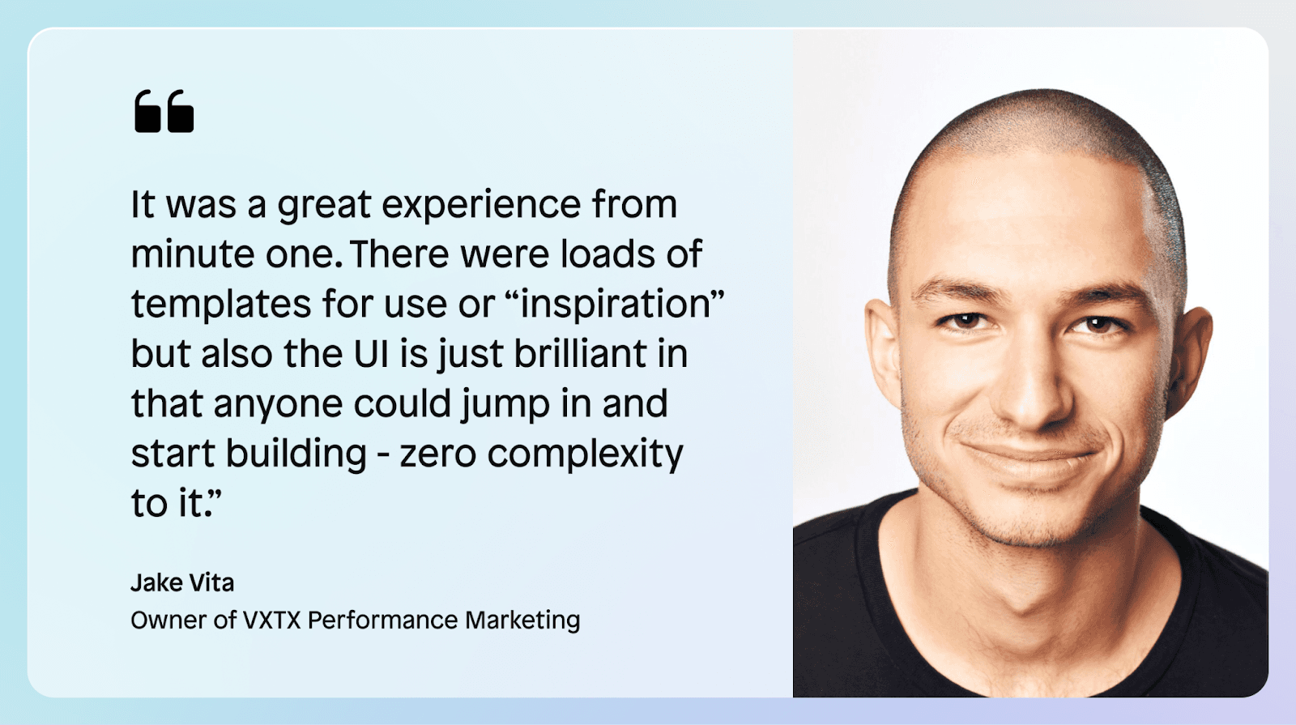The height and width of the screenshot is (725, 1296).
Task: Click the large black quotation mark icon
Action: tap(164, 111)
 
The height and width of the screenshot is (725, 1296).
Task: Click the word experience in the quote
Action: tap(481, 206)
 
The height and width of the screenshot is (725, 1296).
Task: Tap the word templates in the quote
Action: tap(220, 305)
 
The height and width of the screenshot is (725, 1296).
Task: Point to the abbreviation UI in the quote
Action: tap(371, 353)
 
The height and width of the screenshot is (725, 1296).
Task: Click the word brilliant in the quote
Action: tap(580, 353)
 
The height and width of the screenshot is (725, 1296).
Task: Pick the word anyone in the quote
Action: tap(279, 405)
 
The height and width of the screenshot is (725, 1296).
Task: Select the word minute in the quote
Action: tap(193, 254)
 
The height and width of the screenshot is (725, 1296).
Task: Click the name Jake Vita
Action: tap(182, 582)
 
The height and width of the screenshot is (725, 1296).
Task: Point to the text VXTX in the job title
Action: tap(272, 621)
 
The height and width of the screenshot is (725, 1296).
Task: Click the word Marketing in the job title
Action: tap(522, 621)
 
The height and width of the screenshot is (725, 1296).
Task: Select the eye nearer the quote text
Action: tap(965, 320)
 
